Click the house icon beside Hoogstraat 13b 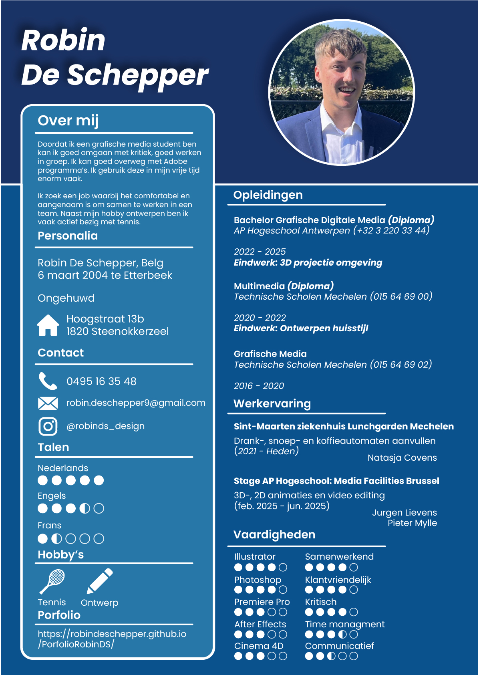coord(48,325)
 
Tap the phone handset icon coord(48,381)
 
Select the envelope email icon coord(48,403)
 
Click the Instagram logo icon coord(48,426)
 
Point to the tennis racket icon coord(52,581)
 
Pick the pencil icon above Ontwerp coord(100,581)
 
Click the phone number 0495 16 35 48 coord(101,381)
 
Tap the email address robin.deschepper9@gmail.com coord(136,403)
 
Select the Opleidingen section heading coord(268,195)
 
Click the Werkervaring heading coord(272,404)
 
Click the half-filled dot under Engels coord(85,508)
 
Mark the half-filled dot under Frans coord(57,539)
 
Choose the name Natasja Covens coord(402,458)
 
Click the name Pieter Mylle coord(412,523)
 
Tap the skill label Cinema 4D coord(259,646)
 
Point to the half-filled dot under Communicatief coord(331,656)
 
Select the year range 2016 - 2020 coord(259,386)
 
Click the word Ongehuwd coord(66,298)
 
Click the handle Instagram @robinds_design coord(105,426)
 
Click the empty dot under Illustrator coord(283,567)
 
